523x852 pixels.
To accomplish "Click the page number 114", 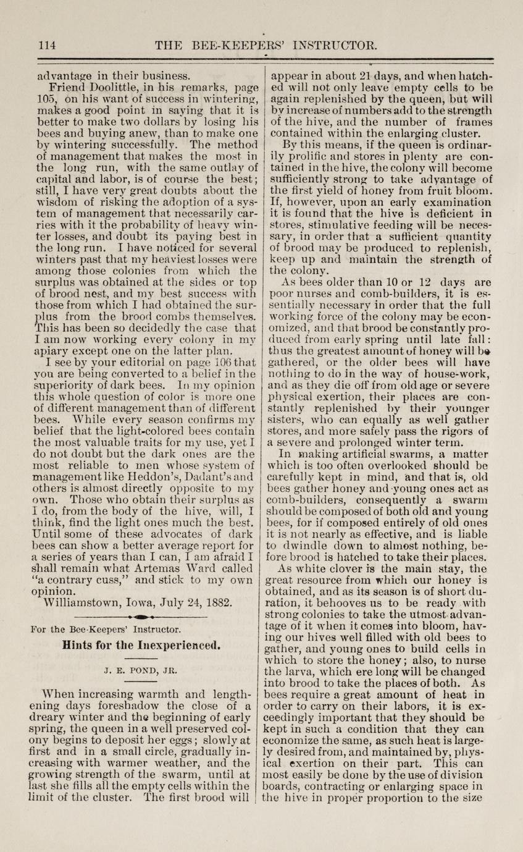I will (48, 45).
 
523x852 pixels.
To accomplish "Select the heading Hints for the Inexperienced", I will (141, 642).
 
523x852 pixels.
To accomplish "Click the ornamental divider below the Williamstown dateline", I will (141, 617).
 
